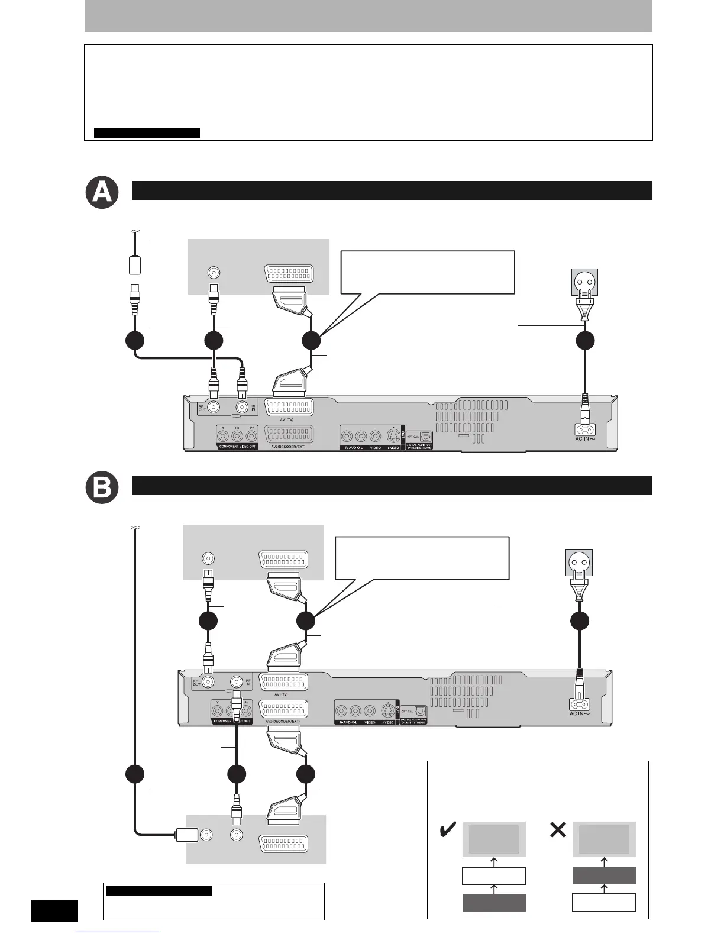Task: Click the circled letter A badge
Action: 102,193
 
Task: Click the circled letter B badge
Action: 102,489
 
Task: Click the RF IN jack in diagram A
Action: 242,407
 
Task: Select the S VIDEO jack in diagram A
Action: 393,437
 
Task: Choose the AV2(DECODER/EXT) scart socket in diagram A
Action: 290,435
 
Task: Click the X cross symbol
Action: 557,831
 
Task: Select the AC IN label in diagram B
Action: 580,714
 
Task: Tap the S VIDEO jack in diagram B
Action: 387,709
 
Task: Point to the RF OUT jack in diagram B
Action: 208,681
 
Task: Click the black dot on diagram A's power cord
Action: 585,341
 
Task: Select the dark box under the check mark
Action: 494,903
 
